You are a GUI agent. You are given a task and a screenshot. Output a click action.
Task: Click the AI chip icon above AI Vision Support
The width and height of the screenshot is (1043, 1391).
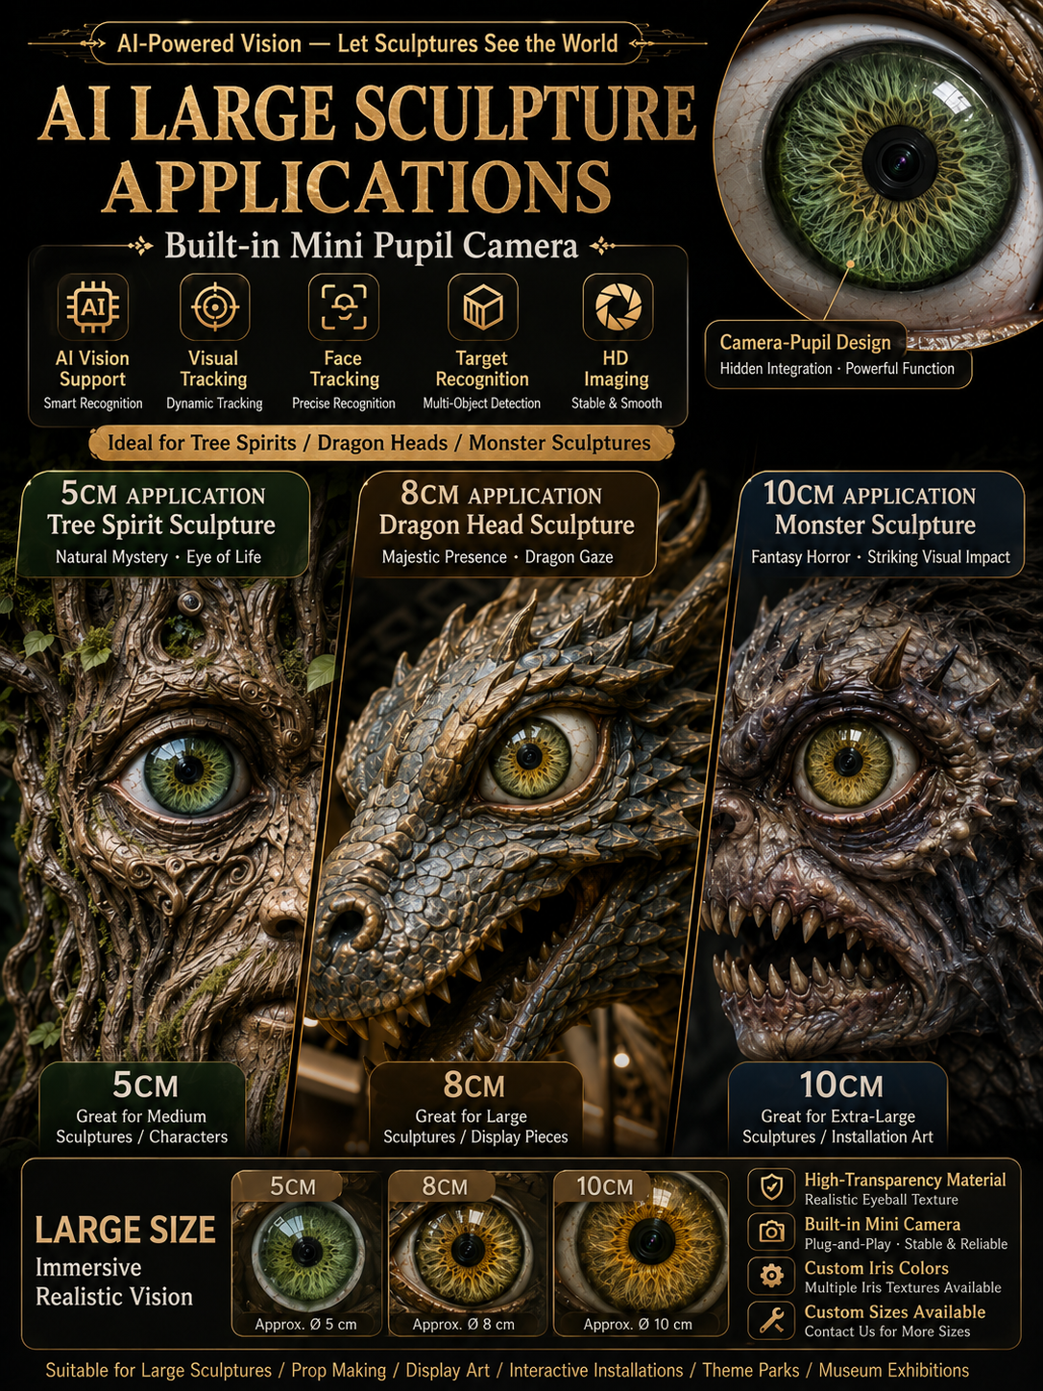[x=92, y=307]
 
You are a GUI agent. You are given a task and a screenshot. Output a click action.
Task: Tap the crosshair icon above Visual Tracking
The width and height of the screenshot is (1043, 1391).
[x=215, y=307]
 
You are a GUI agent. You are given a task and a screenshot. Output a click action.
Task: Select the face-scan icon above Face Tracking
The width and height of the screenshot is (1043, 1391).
[x=344, y=307]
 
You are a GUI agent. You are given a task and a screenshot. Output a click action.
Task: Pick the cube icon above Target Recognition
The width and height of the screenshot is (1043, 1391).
[x=482, y=307]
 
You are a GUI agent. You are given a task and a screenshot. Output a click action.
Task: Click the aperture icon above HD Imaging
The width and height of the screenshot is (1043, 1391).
[x=619, y=307]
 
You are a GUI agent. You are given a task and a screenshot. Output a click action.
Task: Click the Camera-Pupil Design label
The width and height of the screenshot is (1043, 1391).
[x=805, y=343]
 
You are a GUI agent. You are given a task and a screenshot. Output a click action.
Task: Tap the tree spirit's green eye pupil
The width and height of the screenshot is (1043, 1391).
[x=188, y=769]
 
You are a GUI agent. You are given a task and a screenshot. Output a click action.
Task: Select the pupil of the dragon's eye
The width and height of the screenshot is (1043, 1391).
[x=529, y=756]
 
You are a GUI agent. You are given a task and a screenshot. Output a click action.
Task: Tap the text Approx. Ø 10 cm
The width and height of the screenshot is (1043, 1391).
[x=638, y=1324]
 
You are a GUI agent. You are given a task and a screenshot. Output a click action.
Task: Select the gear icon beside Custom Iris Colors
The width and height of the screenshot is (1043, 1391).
[x=771, y=1275]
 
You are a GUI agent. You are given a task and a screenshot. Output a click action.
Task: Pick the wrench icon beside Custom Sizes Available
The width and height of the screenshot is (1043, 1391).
[x=771, y=1320]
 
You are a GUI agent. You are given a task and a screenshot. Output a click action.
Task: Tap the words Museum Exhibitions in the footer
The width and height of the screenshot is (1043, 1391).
[x=893, y=1370]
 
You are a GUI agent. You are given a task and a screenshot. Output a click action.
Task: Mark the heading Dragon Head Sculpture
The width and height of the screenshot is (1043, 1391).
[x=507, y=525]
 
